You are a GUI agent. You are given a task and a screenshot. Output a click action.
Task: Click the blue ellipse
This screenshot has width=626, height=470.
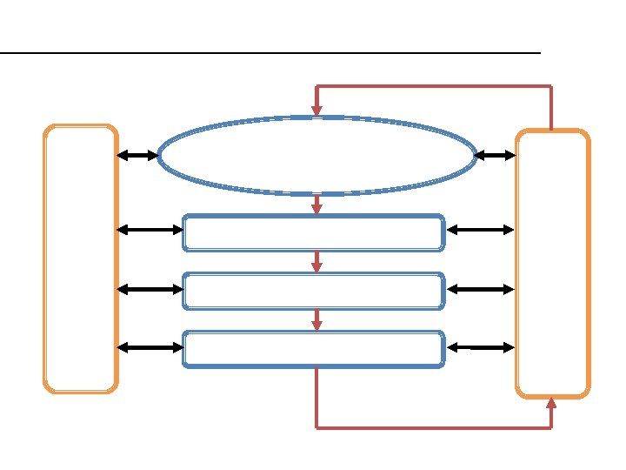[317, 156]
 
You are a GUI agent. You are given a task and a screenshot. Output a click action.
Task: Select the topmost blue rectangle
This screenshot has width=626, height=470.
[314, 232]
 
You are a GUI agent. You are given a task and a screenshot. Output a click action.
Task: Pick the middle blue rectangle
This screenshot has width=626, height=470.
[314, 291]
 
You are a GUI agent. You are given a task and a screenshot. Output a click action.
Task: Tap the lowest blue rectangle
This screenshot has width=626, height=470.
[314, 349]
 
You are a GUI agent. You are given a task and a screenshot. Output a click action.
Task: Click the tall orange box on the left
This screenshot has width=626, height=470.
[81, 258]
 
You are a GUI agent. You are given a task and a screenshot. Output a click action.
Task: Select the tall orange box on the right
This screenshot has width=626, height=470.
[553, 264]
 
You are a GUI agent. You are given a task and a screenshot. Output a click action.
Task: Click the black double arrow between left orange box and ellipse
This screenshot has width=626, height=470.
[137, 156]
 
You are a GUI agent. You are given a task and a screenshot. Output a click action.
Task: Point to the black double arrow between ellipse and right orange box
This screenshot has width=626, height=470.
[496, 156]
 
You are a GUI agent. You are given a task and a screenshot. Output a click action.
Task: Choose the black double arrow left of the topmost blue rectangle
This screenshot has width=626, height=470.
[150, 231]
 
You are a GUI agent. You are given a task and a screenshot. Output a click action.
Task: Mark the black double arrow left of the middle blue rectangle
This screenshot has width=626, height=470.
[150, 289]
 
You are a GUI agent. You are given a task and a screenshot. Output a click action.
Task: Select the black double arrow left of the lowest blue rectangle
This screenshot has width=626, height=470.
[150, 347]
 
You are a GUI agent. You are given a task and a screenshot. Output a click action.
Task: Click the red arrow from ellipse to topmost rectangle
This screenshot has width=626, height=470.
[317, 204]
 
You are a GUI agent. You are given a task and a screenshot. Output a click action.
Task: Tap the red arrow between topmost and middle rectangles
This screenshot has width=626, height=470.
[317, 262]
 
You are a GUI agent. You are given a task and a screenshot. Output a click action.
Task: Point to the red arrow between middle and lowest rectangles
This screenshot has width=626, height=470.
[317, 320]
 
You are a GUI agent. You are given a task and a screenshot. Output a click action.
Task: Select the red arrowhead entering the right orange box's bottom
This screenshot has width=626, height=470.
[552, 403]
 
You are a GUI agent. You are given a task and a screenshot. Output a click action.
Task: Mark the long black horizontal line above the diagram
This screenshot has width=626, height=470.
[270, 53]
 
